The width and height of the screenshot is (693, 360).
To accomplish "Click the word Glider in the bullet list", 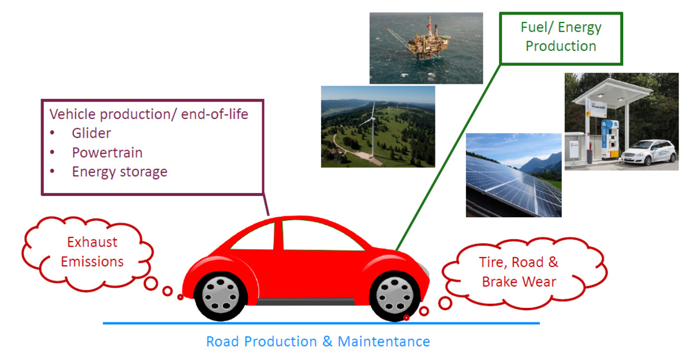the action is pos(91,133).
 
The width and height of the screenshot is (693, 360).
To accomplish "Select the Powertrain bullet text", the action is pos(107,153).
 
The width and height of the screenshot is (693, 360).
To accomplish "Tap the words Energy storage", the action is pos(120,172).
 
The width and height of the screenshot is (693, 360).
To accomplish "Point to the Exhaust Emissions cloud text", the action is pos(92,252).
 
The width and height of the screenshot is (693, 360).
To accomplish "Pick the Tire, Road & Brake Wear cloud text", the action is pos(519,272).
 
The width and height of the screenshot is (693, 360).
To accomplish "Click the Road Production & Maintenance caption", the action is pos(318,342).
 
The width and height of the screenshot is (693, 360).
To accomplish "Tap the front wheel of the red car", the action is pos(394,296).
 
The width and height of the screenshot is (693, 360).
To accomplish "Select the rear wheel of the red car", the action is pos(220,296).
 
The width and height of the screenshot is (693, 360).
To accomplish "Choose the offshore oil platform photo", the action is pos(426,48).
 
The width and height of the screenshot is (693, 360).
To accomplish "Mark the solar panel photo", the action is pos(513,175).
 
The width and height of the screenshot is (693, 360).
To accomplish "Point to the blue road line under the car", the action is pos(321,323).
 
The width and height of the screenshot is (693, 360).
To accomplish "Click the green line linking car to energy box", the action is pos(448,158).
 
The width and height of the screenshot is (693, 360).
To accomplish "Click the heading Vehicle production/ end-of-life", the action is pos(148,114).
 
